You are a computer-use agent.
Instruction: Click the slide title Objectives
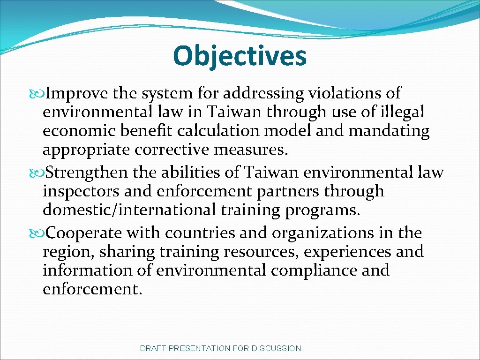click(240, 56)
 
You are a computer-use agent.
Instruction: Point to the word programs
click(322, 210)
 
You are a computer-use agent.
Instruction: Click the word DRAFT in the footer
click(153, 348)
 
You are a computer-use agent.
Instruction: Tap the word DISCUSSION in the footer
click(276, 348)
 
